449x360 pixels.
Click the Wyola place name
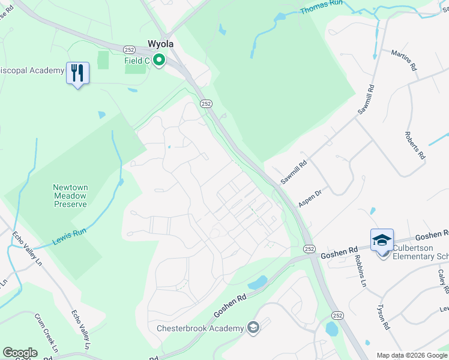161,44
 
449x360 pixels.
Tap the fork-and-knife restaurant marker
77,73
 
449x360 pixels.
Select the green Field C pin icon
159,60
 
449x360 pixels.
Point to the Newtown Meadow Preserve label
70,196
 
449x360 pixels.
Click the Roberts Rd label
415,145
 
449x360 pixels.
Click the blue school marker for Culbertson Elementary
382,241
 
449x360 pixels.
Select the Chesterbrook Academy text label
200,328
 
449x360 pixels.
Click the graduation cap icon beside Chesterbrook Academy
253,328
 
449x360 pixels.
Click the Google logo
20,353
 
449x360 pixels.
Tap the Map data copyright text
412,355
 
